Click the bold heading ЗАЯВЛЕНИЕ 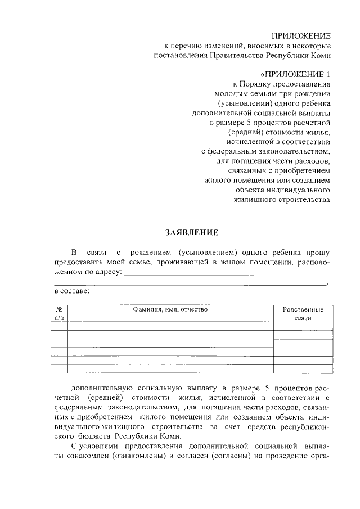click(x=191, y=232)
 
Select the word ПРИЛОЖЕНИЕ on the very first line click(x=301, y=35)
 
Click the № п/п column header click(x=58, y=313)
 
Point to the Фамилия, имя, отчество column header click(x=170, y=309)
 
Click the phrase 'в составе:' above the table click(x=71, y=291)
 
